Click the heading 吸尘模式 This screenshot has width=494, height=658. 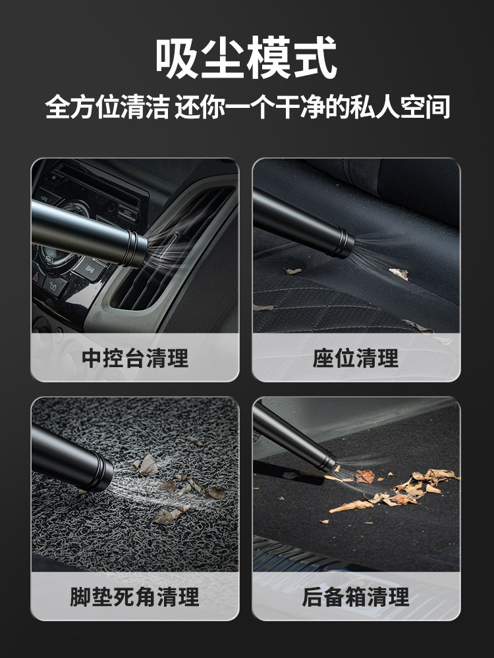click(x=246, y=59)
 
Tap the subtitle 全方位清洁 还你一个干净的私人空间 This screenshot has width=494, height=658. click(x=247, y=107)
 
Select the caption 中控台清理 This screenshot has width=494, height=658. click(x=135, y=358)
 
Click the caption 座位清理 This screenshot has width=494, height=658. click(x=356, y=358)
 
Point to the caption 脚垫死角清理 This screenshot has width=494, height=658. click(x=135, y=597)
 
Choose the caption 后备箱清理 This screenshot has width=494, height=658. click(x=356, y=597)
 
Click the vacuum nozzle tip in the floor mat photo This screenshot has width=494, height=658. click(x=101, y=472)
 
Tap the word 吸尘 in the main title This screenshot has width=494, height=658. click(x=201, y=59)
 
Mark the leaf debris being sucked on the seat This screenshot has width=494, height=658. click(x=398, y=272)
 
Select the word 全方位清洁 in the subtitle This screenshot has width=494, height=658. click(x=105, y=107)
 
